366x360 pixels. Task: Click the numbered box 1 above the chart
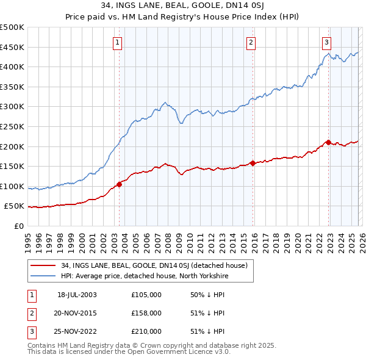(117, 42)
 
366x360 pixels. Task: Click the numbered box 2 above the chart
(251, 42)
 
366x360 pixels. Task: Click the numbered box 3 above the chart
(327, 42)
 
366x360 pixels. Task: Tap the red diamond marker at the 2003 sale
(120, 184)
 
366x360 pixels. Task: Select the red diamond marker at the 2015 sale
(253, 163)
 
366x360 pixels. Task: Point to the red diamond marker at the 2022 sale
(328, 142)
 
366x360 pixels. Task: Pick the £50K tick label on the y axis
(15, 206)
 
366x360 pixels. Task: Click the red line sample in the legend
(44, 265)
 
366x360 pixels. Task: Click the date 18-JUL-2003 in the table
(77, 295)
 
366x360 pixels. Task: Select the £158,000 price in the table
(146, 313)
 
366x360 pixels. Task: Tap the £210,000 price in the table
(146, 331)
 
